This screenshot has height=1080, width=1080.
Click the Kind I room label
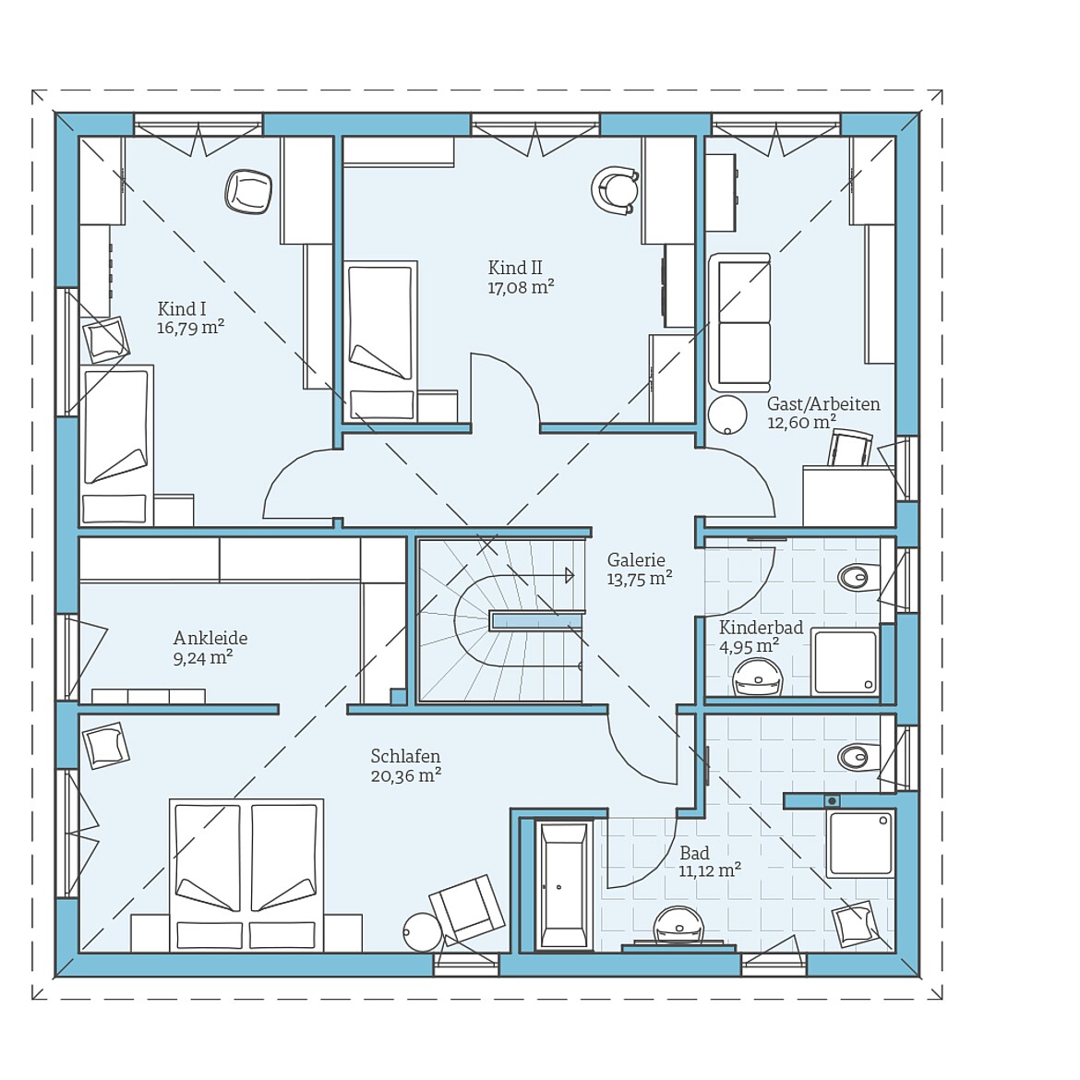pyautogui.click(x=182, y=309)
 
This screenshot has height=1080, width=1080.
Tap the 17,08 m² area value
pyautogui.click(x=521, y=288)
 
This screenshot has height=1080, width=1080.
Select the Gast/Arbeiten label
pyautogui.click(x=823, y=404)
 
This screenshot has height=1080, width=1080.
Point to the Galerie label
pyautogui.click(x=636, y=560)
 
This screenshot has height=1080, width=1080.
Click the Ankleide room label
pyautogui.click(x=210, y=638)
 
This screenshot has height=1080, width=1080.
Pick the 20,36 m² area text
pyautogui.click(x=405, y=776)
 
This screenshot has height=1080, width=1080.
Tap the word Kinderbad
pyautogui.click(x=761, y=628)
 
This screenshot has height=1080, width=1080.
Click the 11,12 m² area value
pyautogui.click(x=710, y=871)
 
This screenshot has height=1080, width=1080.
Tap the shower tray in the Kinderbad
pyautogui.click(x=845, y=662)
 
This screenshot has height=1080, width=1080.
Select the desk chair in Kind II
pyautogui.click(x=616, y=191)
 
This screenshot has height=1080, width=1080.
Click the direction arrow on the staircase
pyautogui.click(x=569, y=576)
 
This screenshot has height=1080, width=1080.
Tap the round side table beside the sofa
pyautogui.click(x=727, y=414)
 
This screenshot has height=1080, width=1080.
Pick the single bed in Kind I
pyautogui.click(x=115, y=444)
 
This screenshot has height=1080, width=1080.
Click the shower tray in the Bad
pyautogui.click(x=860, y=843)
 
